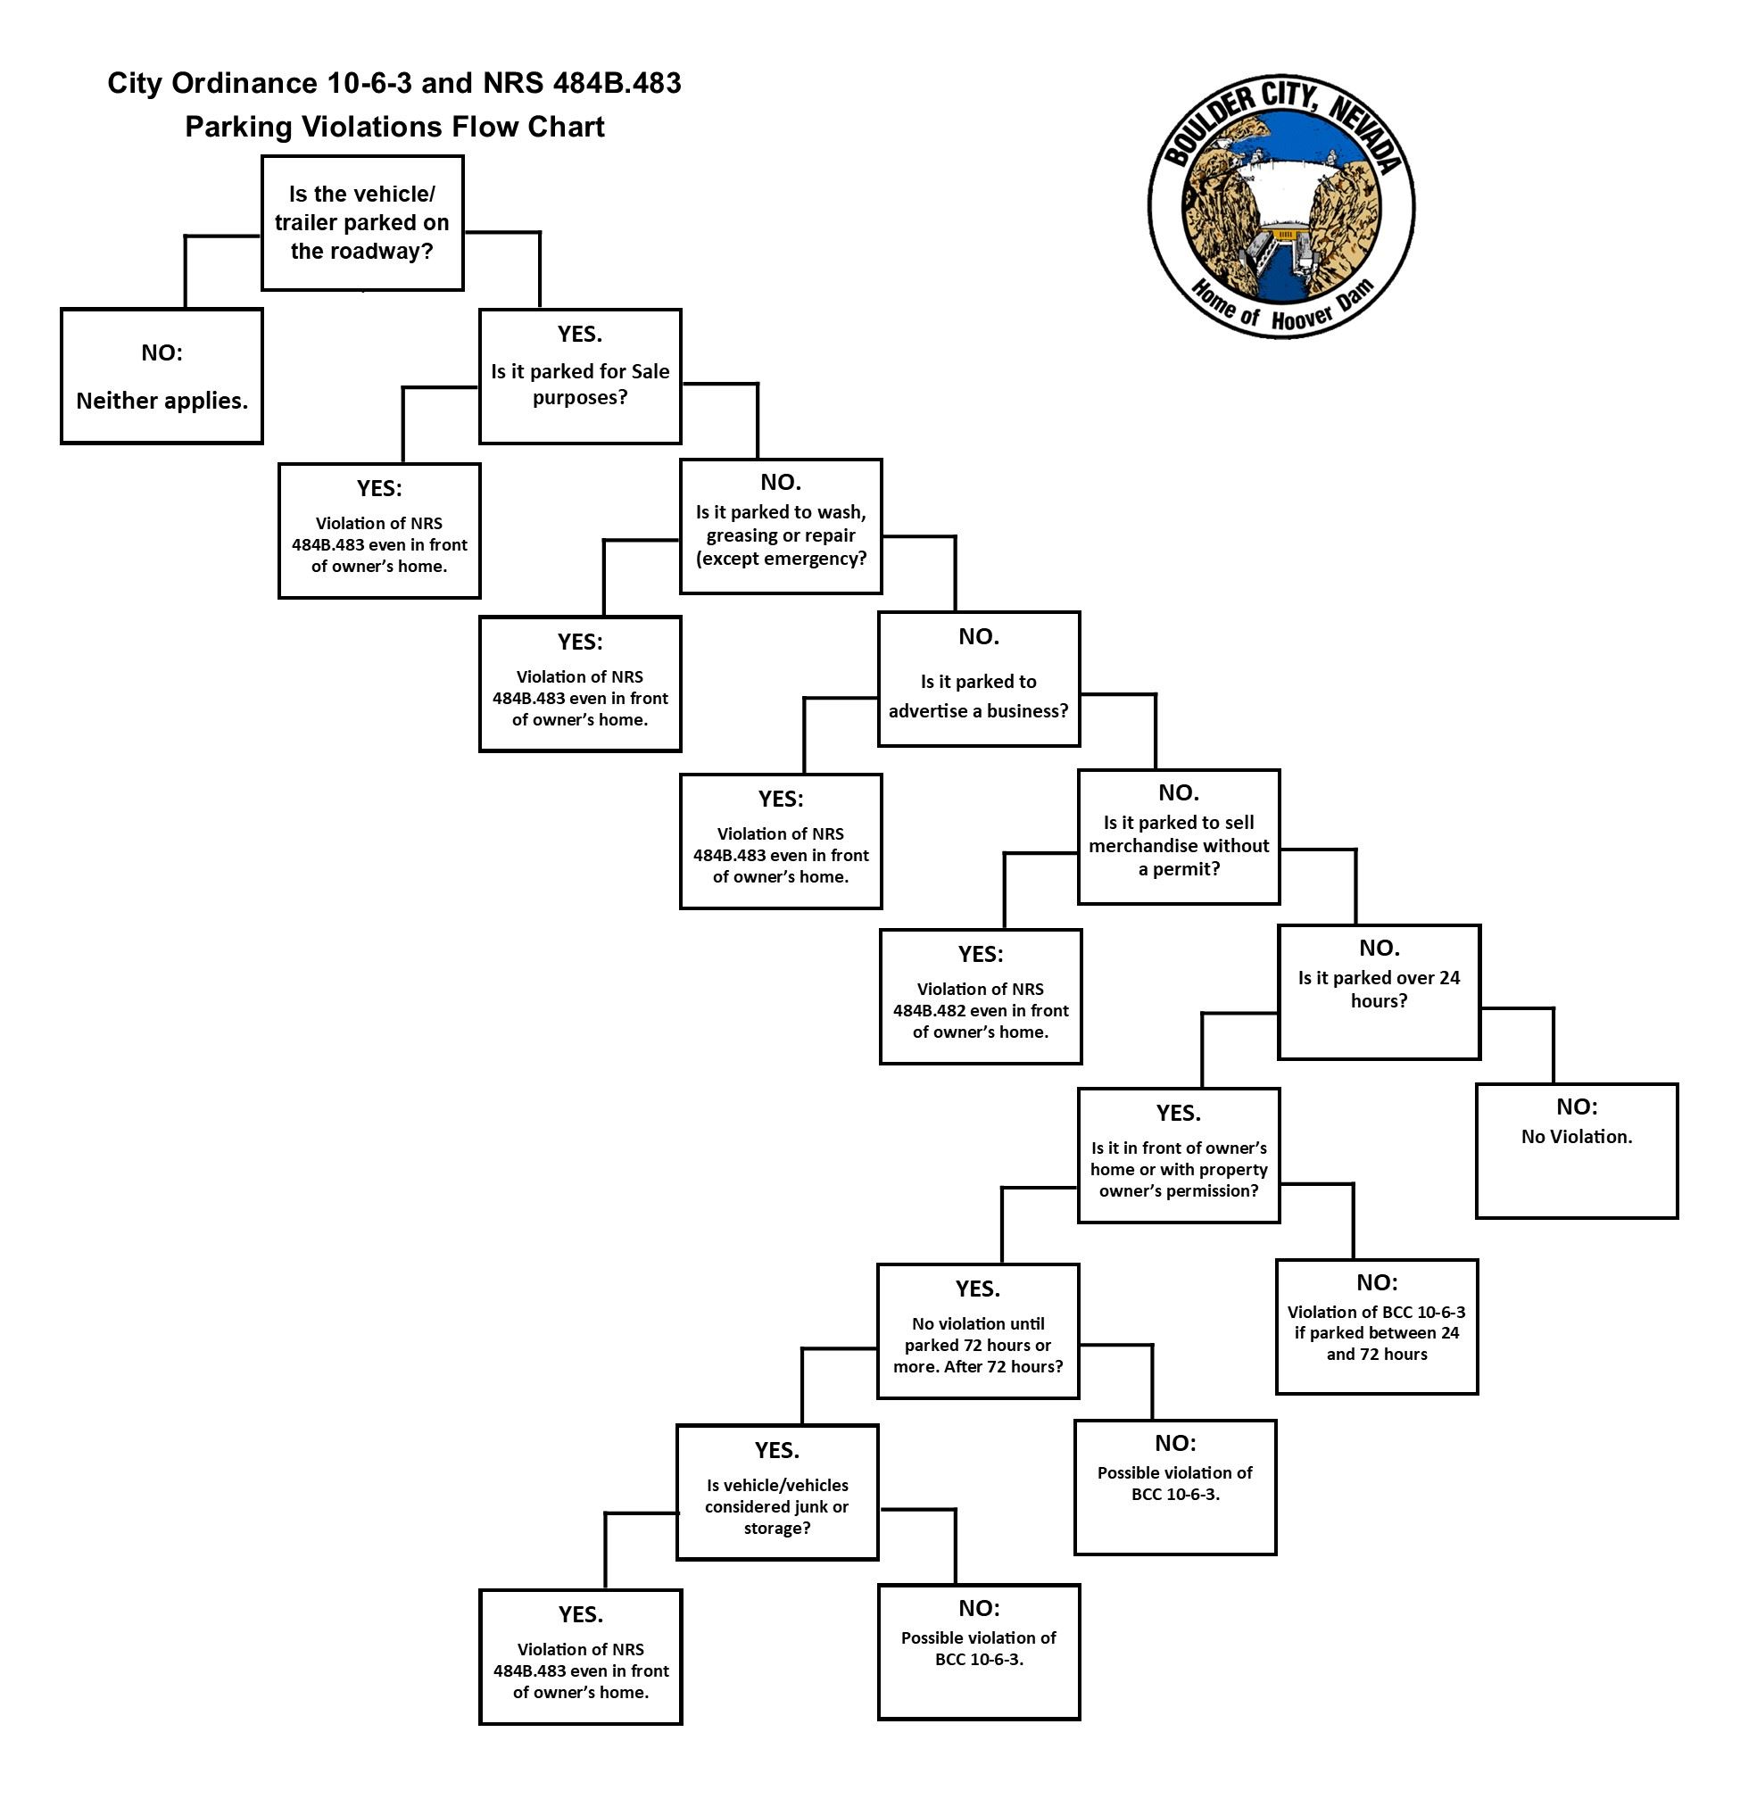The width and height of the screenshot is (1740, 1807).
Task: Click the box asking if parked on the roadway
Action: pyautogui.click(x=361, y=222)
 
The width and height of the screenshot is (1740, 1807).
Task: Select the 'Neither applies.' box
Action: pyautogui.click(x=162, y=377)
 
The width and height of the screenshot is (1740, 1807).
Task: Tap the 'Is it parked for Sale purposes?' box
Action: pyautogui.click(x=579, y=377)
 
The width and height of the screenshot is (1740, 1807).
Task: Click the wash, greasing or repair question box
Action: pyautogui.click(x=780, y=526)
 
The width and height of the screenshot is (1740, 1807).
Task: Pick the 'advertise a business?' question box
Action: pyautogui.click(x=977, y=679)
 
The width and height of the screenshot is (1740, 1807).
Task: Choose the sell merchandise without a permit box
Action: pyautogui.click(x=1178, y=837)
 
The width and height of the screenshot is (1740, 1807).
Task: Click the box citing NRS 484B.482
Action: pyautogui.click(x=979, y=997)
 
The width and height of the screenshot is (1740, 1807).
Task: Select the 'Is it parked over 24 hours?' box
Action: pyautogui.click(x=1378, y=992)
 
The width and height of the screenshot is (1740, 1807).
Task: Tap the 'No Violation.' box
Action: pyautogui.click(x=1576, y=1151)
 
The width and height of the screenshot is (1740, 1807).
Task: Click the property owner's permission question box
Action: pyautogui.click(x=1178, y=1156)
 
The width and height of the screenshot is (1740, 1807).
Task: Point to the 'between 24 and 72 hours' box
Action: pyautogui.click(x=1376, y=1327)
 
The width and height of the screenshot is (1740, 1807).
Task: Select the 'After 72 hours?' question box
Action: pyautogui.click(x=977, y=1331)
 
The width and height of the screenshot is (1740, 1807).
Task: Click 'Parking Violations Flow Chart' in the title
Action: pyautogui.click(x=394, y=127)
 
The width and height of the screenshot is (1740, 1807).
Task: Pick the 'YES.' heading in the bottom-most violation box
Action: pyautogui.click(x=580, y=1613)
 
